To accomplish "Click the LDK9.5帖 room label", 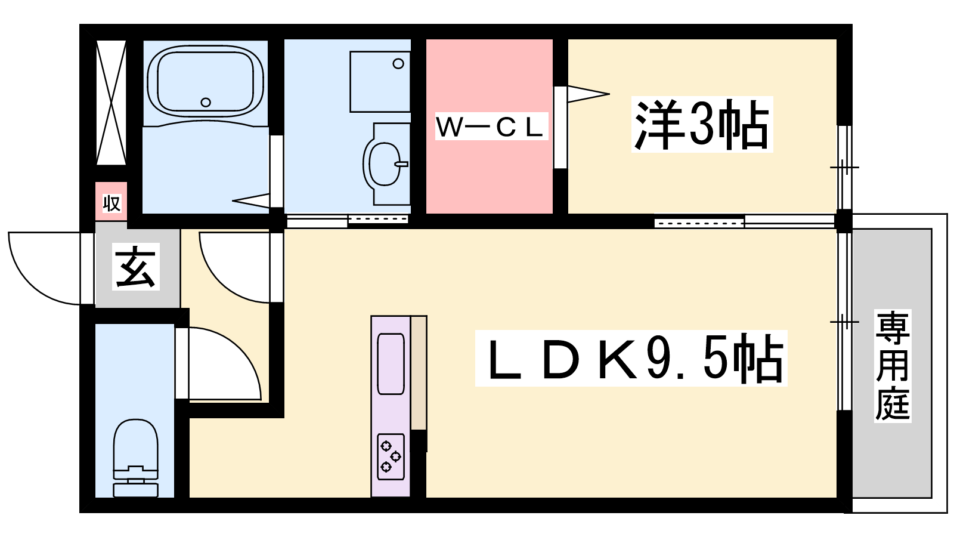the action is pos(631,359).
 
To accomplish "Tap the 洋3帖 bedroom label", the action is pos(702,125).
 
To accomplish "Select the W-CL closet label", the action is pos(491,126).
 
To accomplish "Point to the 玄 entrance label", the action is pos(136,267).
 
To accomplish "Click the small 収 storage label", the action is pos(111,203).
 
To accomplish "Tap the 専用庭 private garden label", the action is pos(893,366).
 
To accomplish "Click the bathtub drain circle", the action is pos(206,102).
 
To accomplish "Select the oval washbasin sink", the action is pos(385,164).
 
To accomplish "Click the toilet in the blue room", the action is pos(135,458).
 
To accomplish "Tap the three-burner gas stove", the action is pos(391,457).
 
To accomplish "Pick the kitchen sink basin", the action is pos(391,364).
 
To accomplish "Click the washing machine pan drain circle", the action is pos(398,64).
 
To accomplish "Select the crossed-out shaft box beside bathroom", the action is pos(111,103).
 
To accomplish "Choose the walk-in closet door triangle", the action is pos(588,94).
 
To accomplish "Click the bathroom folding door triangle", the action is pos(251,200).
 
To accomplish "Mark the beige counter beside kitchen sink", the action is pos(419,373).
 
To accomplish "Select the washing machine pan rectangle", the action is pos(380,82).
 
